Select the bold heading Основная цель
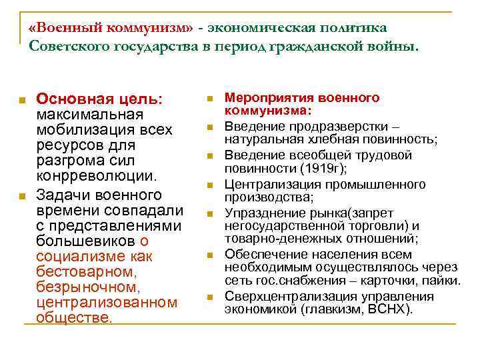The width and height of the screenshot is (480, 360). tap(99, 99)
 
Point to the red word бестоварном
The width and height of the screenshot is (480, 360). tap(87, 272)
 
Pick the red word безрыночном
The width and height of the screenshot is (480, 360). tap(88, 287)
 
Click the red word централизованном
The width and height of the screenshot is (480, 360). tap(107, 303)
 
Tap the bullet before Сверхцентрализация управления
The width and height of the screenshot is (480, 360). tap(209, 297)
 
